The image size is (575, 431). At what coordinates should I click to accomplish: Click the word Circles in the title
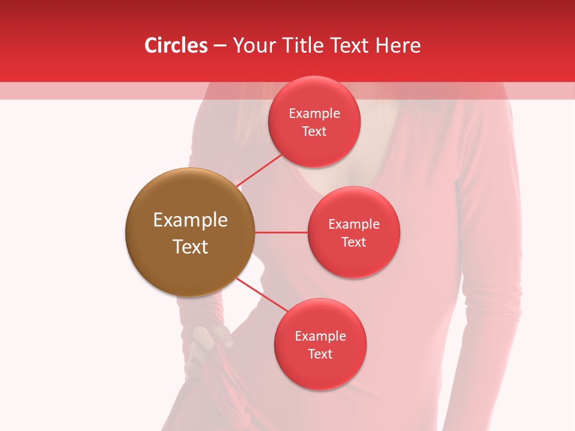(176, 45)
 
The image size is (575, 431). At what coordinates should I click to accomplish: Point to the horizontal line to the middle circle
(281, 232)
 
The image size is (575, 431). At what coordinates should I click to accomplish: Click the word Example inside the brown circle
(190, 220)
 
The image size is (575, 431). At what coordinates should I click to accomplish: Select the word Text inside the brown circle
(190, 247)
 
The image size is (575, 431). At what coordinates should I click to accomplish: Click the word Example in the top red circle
(314, 114)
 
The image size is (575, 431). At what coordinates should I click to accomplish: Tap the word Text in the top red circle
(314, 131)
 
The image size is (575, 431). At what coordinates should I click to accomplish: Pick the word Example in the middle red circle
(354, 224)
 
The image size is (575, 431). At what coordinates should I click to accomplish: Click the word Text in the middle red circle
(354, 242)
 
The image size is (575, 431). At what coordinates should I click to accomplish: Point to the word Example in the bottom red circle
(320, 336)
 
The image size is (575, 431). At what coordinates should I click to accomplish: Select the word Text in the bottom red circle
(320, 354)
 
